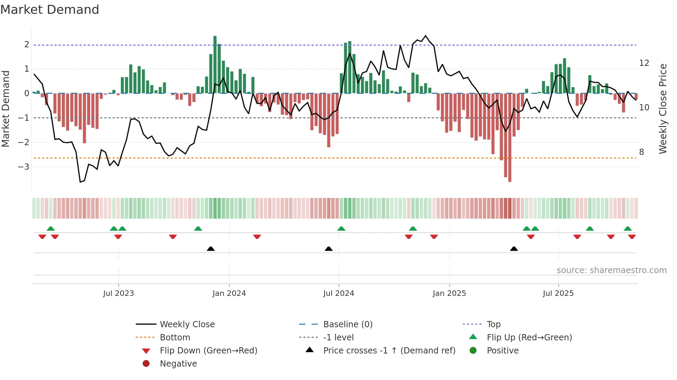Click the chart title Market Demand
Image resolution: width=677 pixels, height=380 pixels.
click(x=50, y=10)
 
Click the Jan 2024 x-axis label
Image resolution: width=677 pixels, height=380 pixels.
click(x=229, y=293)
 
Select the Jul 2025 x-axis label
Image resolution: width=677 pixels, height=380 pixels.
click(x=558, y=293)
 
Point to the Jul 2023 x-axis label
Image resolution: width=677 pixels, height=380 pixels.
click(x=118, y=293)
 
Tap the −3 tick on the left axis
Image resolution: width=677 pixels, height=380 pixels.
click(x=23, y=167)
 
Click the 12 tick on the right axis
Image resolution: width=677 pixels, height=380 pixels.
click(x=644, y=63)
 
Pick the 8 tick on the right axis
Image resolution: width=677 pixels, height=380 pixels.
click(x=641, y=152)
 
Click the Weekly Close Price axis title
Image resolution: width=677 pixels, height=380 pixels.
click(x=662, y=109)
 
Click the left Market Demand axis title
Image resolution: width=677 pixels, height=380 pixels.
click(x=6, y=109)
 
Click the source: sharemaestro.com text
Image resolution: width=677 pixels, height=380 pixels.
click(x=611, y=270)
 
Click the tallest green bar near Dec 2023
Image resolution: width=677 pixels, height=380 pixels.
click(x=215, y=64)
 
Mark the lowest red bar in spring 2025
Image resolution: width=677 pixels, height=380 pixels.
click(x=509, y=138)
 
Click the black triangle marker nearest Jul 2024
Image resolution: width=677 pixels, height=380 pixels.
click(x=328, y=249)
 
